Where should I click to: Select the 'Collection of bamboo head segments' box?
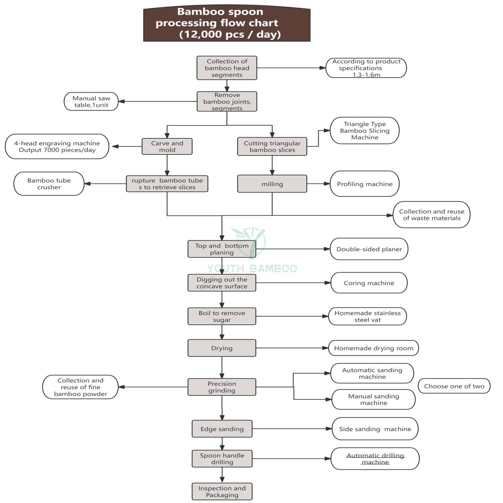pos(227,68)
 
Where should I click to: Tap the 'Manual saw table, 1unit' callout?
pos(92,102)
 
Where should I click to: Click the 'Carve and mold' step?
pos(167,146)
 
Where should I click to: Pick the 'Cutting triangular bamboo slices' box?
pos(272,146)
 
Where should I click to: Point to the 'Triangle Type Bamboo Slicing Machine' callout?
pos(365,131)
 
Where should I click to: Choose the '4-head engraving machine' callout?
pos(57,146)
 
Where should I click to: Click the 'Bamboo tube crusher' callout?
pos(49,184)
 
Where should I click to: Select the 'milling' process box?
pos(272,184)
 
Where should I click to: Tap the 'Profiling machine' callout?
pos(365,184)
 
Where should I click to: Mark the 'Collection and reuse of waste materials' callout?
pos(432,215)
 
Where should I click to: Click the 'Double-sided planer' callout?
pos(369,249)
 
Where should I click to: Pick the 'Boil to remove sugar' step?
pos(222,316)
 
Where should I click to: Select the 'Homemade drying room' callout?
pos(374,348)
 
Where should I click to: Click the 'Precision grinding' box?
pos(222,387)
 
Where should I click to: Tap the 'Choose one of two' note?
pos(454,386)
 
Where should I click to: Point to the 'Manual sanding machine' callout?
pos(374,399)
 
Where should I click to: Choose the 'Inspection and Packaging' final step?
pos(222,492)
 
